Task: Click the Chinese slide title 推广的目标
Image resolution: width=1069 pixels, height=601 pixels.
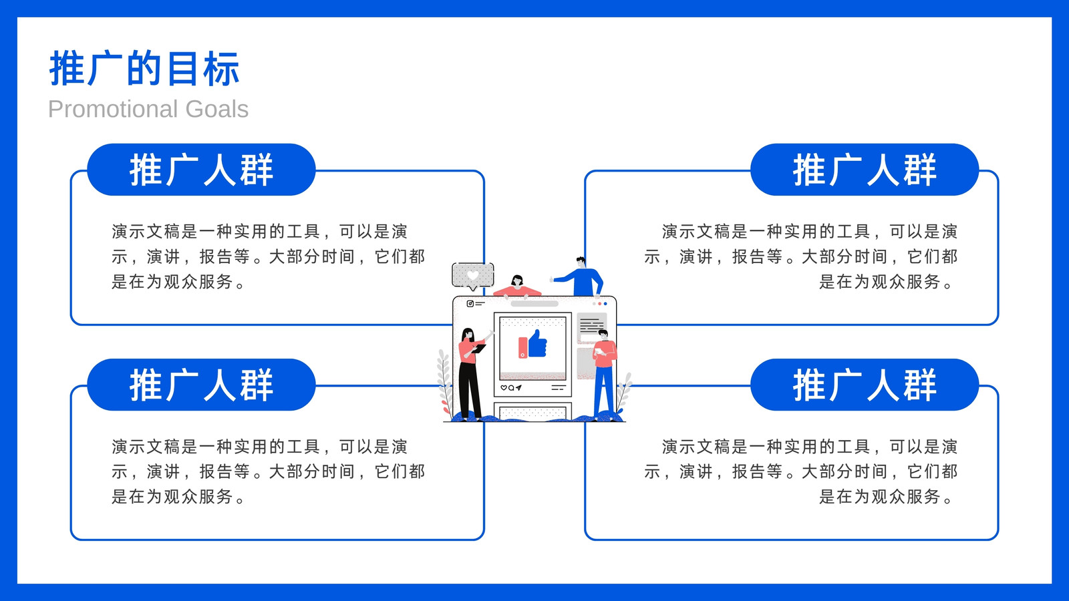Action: click(144, 69)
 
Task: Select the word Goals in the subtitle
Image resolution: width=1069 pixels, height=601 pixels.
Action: click(216, 110)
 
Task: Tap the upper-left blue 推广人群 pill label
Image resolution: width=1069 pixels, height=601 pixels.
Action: click(201, 170)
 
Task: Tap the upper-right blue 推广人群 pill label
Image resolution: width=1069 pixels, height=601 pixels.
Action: click(865, 170)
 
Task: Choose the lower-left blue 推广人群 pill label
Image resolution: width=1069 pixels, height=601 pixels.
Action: click(201, 385)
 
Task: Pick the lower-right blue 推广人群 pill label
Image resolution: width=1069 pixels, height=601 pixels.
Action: click(865, 385)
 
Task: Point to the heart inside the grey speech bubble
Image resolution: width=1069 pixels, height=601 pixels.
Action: click(472, 275)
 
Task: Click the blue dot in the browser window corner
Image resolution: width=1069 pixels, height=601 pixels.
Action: click(605, 304)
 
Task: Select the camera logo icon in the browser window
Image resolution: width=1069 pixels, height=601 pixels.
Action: click(470, 304)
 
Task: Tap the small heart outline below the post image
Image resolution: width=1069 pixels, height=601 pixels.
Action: click(503, 388)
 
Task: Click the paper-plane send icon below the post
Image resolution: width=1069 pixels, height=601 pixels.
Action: click(518, 388)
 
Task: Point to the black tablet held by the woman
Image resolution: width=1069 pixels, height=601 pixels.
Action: click(478, 349)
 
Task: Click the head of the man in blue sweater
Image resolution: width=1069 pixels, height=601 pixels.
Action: click(581, 262)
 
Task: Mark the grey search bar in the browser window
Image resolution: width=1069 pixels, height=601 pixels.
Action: click(534, 304)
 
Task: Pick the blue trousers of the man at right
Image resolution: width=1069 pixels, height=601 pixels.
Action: click(604, 390)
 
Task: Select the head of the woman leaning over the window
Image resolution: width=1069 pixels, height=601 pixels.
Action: click(517, 280)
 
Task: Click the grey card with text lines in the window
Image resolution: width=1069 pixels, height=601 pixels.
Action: click(592, 327)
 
